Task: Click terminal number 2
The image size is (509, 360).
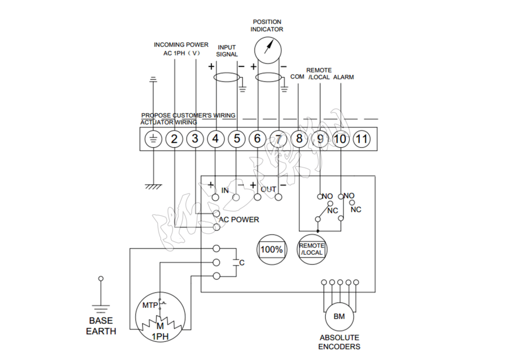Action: [x=174, y=139]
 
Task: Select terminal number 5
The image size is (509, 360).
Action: [x=237, y=139]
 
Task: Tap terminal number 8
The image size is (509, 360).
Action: [x=299, y=139]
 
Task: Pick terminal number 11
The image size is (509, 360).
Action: [x=361, y=139]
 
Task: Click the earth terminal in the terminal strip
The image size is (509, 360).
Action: [x=153, y=139]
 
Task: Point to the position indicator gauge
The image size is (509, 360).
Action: [x=268, y=48]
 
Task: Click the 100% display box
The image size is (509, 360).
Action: [x=272, y=249]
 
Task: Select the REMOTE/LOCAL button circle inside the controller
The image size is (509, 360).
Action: [x=312, y=249]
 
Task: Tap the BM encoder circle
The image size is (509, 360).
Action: [x=339, y=316]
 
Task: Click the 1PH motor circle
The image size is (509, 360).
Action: [x=160, y=320]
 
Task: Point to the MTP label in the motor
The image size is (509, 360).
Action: [x=149, y=305]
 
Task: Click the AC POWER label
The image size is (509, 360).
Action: [x=239, y=220]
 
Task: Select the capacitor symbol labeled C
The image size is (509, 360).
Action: [x=236, y=263]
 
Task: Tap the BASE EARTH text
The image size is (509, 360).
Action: [x=101, y=326]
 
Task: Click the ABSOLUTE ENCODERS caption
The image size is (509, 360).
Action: [x=339, y=342]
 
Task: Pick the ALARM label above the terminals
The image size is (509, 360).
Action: [x=343, y=77]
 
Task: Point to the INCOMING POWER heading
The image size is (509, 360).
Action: [x=181, y=45]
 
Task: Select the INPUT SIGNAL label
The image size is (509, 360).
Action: [x=227, y=51]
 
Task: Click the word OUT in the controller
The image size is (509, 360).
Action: [x=268, y=189]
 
